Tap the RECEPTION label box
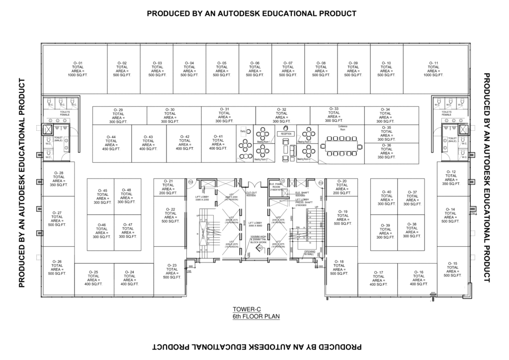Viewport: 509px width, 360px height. pos(286,134)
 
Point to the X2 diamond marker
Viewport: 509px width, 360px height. pos(259,247)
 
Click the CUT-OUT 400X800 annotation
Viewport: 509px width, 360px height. pos(252,194)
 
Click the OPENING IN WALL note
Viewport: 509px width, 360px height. pos(309,253)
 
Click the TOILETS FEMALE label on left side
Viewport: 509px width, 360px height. pos(65,113)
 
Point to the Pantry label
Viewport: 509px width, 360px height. pos(243,131)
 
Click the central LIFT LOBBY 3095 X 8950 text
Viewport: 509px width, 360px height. pos(255,224)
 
